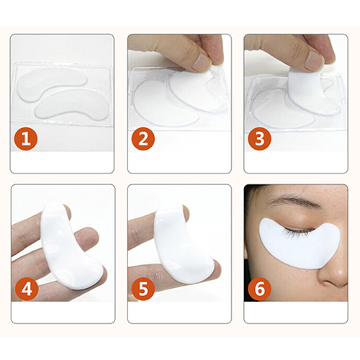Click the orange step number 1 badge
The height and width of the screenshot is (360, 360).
26,139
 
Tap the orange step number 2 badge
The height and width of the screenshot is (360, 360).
143,139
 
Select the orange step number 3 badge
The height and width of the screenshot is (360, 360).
259,139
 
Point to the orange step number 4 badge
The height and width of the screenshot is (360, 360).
27,289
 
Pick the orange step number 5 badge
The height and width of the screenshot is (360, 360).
143,289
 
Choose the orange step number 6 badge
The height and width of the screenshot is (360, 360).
259,289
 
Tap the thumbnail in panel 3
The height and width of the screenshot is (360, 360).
315,60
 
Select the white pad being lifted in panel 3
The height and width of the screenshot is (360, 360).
310,89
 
